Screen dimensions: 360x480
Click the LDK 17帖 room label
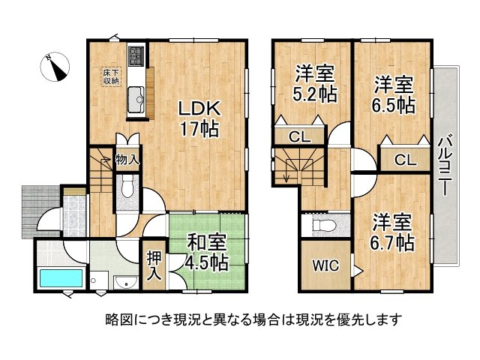198,118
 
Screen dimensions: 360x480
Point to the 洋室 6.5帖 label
394,95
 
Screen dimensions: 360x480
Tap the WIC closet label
325,265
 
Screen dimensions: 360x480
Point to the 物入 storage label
126,160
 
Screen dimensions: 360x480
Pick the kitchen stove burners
136,56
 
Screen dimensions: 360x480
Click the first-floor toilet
127,184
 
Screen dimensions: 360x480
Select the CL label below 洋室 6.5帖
403,159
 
